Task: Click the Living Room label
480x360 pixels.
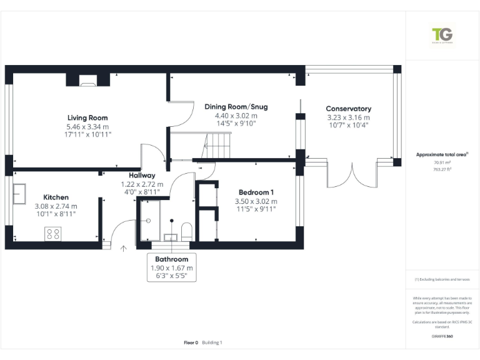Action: (87, 117)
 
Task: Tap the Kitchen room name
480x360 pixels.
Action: (56, 197)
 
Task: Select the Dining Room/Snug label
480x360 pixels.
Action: (236, 107)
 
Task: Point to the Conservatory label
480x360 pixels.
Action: (348, 109)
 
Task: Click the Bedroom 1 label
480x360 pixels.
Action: (256, 192)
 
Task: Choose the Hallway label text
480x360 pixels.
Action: (142, 176)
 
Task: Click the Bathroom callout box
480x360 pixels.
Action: (171, 267)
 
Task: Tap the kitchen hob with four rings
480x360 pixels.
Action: (52, 234)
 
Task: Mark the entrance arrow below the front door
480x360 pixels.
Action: (123, 249)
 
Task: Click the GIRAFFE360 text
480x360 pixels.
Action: (442, 336)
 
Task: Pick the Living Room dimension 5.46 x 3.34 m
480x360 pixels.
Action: (87, 126)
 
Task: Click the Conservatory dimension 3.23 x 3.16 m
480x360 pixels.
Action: (348, 117)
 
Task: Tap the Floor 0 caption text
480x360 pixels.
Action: (191, 342)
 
